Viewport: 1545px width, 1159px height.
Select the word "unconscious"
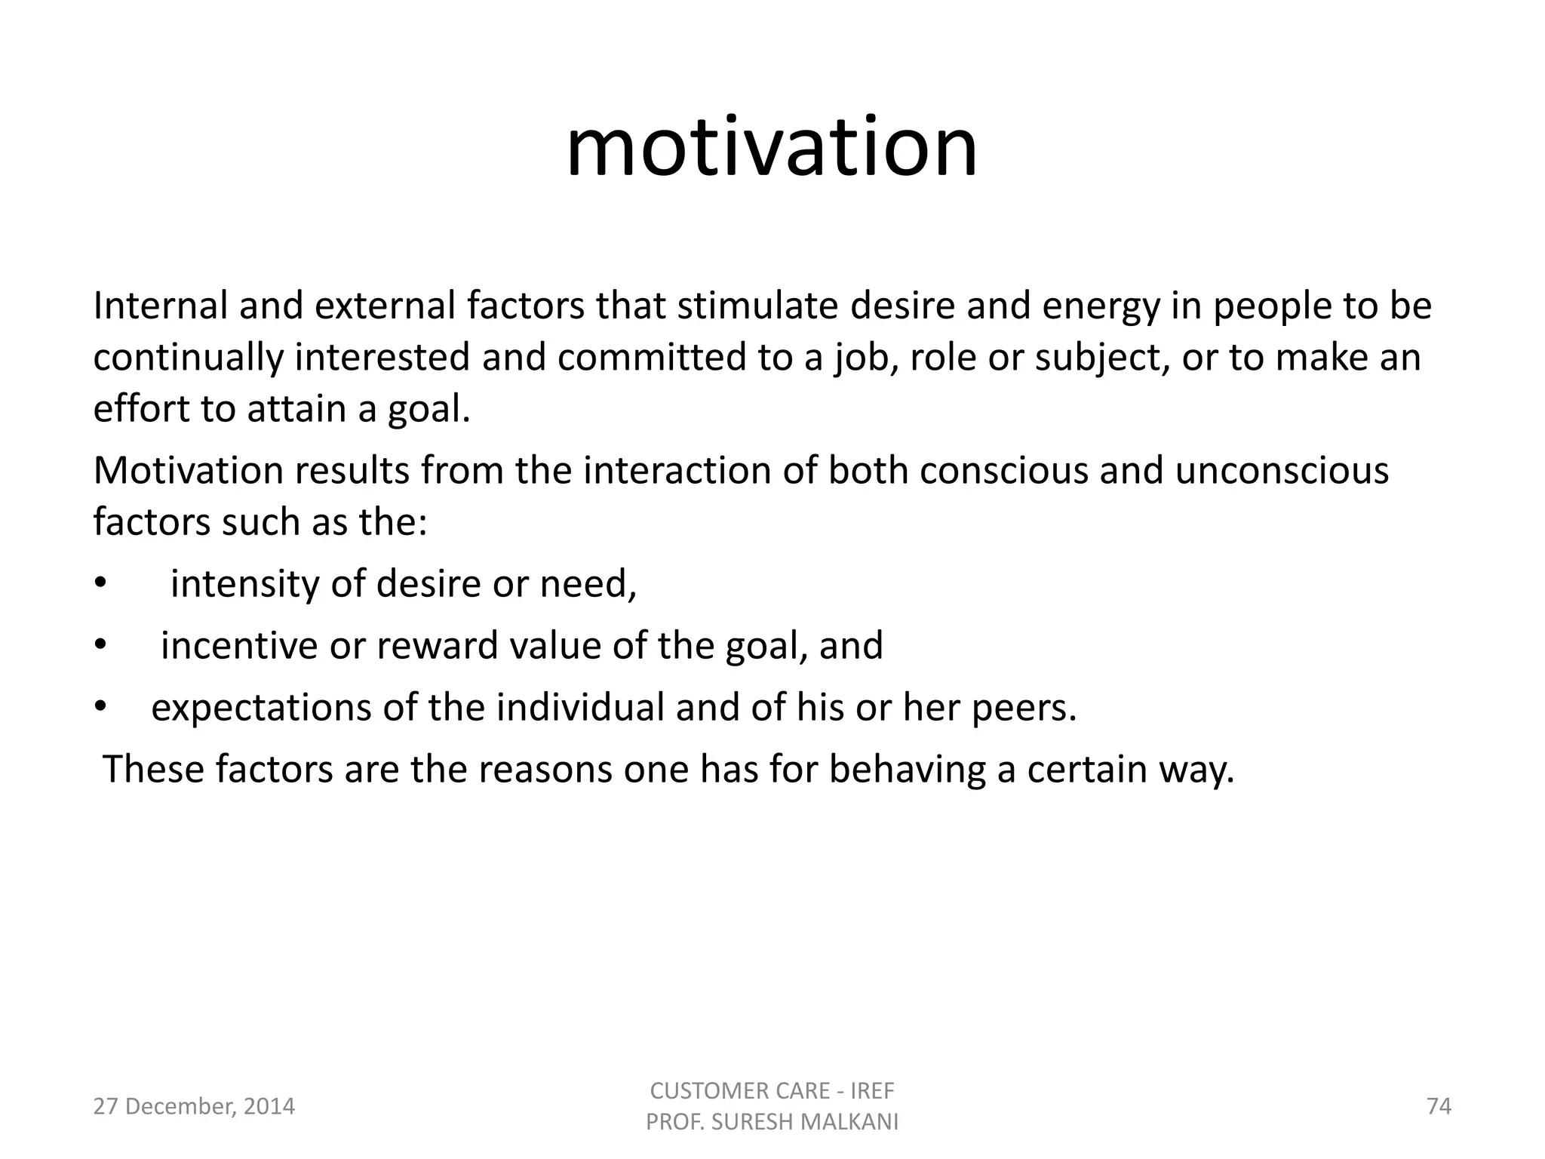[1282, 471]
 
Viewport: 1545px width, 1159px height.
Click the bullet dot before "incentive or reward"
[100, 646]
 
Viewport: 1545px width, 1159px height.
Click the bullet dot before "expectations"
[100, 708]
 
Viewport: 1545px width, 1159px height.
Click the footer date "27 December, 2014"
[194, 1107]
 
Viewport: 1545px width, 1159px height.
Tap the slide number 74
[1439, 1107]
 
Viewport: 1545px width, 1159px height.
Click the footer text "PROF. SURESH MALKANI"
[772, 1123]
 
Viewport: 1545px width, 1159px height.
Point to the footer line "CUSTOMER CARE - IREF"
[772, 1091]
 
